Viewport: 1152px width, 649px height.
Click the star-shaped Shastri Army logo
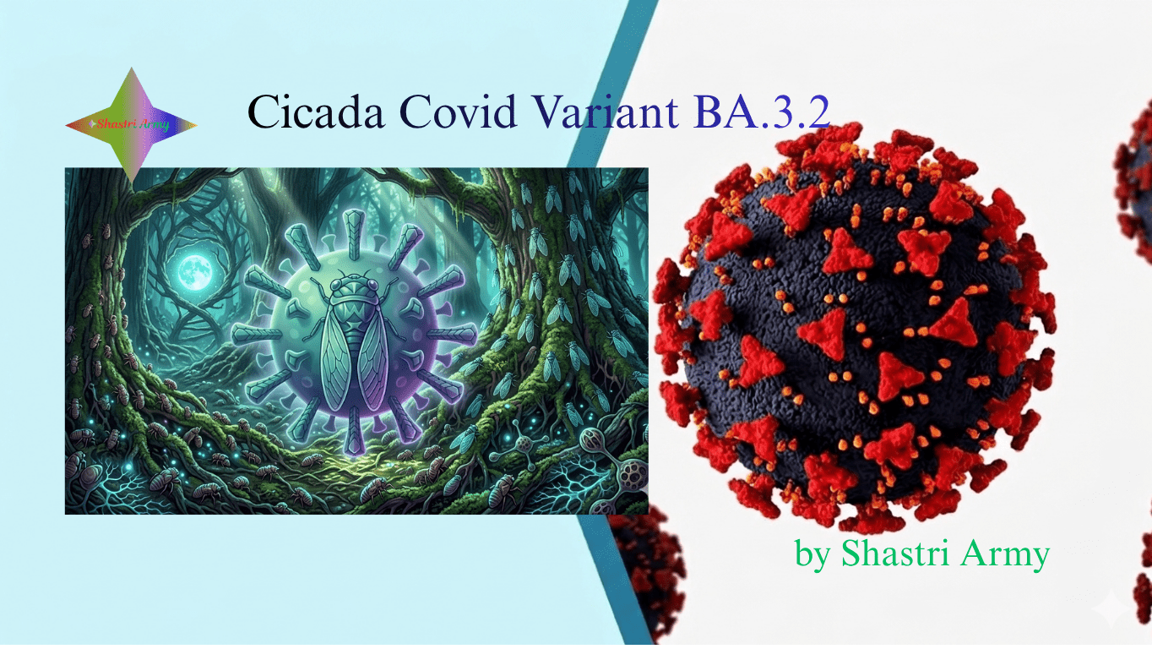pyautogui.click(x=131, y=125)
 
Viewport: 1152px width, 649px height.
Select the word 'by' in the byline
pyautogui.click(x=812, y=555)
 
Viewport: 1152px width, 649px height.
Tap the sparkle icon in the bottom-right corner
pyautogui.click(x=1107, y=608)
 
